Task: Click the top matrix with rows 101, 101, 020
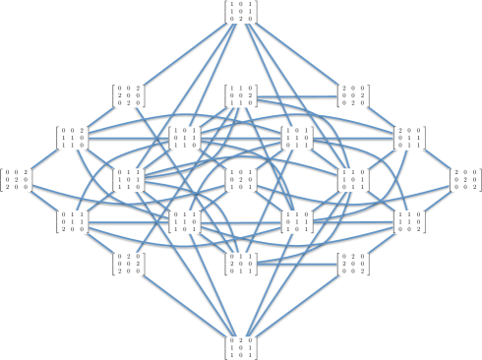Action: (x=241, y=11)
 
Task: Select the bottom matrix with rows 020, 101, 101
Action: (x=241, y=347)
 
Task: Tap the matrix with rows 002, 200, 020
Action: (x=128, y=94)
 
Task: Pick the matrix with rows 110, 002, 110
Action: (x=241, y=94)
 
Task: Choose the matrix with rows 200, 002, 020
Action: (x=353, y=94)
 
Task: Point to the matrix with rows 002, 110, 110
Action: (x=72, y=137)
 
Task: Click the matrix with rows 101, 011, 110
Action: (x=184, y=137)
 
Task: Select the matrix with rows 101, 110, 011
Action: (x=297, y=137)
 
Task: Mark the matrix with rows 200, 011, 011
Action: (x=409, y=137)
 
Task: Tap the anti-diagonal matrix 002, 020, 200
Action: (x=16, y=179)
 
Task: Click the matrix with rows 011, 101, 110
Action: (x=128, y=179)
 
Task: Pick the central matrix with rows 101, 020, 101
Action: (x=241, y=179)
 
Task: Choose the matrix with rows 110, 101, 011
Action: (x=353, y=179)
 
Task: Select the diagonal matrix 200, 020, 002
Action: (x=465, y=179)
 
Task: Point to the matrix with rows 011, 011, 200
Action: (x=72, y=221)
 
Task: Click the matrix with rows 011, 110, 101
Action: (x=184, y=221)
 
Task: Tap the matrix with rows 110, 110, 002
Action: (x=409, y=221)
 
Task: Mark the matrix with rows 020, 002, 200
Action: (x=128, y=264)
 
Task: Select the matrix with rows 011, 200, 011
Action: (x=241, y=264)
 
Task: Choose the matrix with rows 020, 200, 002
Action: (x=353, y=264)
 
